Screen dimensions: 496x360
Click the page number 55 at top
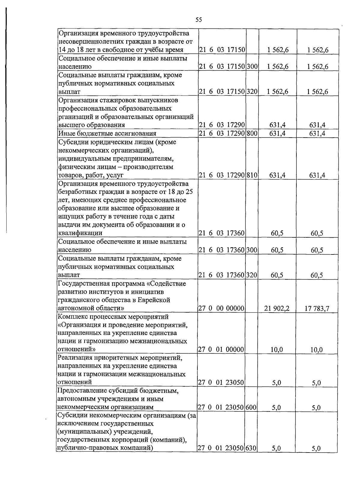coord(199,20)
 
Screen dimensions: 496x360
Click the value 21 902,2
coord(277,308)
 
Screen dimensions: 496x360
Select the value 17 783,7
coord(317,308)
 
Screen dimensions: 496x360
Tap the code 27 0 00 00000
coord(221,308)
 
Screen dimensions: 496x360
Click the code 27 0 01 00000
coord(221,349)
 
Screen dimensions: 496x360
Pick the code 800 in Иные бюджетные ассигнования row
coord(252,133)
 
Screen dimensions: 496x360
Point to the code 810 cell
coord(252,175)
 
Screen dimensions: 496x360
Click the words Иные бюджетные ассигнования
coord(107,133)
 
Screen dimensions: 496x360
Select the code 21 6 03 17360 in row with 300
coord(222,250)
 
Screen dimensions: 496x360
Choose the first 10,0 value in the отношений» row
coord(277,349)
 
